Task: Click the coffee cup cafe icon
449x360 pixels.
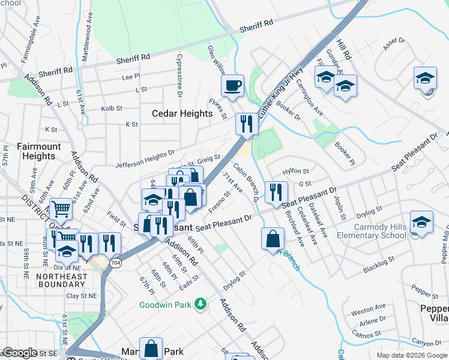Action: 232,85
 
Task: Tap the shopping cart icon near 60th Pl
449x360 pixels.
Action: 61,209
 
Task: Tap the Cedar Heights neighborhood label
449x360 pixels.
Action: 182,113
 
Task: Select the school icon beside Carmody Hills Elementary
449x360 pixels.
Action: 421,222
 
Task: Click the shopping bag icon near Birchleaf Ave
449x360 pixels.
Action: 273,238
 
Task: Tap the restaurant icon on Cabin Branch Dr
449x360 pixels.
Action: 276,191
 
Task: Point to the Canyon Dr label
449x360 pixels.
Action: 427,343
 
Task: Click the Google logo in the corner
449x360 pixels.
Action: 20,353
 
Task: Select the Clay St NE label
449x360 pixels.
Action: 80,296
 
